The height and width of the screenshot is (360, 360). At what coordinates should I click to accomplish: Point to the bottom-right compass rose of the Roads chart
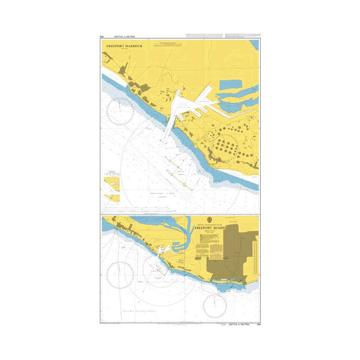pyautogui.click(x=214, y=307)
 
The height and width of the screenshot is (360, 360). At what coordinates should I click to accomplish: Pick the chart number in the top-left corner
pyautogui.click(x=102, y=37)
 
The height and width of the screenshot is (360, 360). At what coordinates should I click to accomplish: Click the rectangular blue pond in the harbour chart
pyautogui.click(x=231, y=84)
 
